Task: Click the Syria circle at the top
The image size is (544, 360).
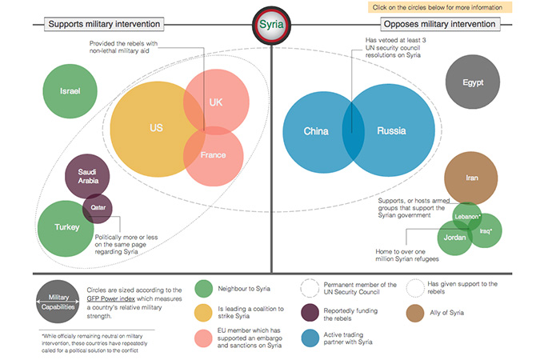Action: (x=272, y=25)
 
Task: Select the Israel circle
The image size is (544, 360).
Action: (x=70, y=91)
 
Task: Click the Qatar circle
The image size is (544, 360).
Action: (x=98, y=206)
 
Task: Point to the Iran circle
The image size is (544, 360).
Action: (x=471, y=178)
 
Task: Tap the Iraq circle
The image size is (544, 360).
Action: (x=486, y=231)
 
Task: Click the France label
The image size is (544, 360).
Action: (x=213, y=154)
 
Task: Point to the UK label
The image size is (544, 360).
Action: (x=216, y=102)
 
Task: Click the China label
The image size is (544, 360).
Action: (x=317, y=130)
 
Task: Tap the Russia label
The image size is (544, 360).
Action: (x=392, y=130)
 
